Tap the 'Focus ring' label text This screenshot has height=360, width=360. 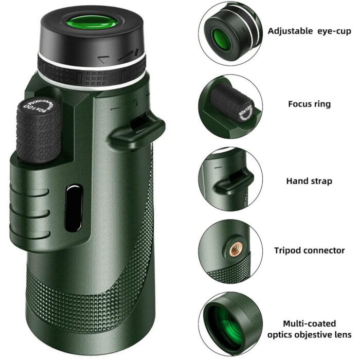click(x=309, y=104)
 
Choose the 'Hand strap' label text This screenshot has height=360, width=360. click(x=309, y=181)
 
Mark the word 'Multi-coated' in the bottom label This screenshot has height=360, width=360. click(x=309, y=323)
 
